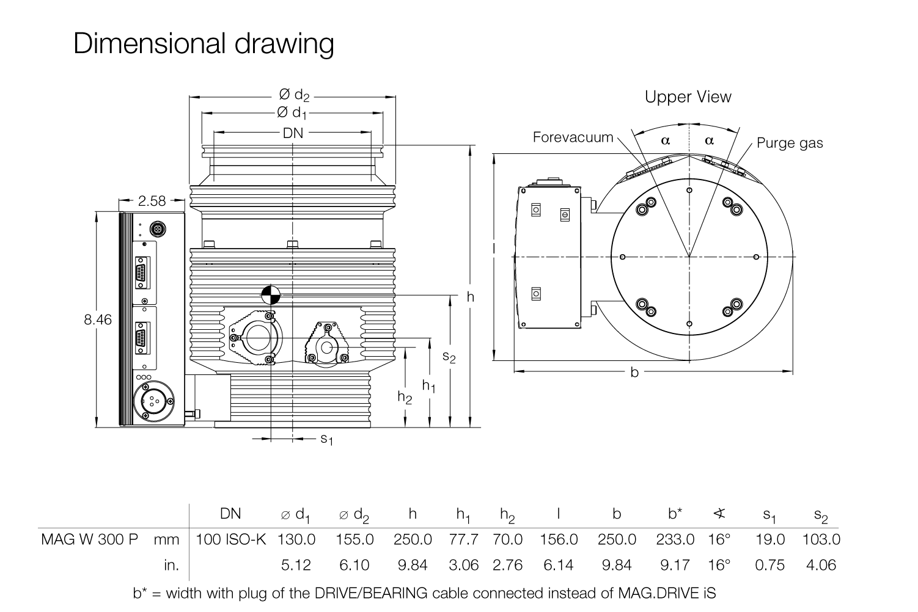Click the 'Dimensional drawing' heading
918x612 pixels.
tap(204, 44)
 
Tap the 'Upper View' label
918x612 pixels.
tap(688, 97)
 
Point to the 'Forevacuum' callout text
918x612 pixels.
tap(573, 137)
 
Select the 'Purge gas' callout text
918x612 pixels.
tap(790, 143)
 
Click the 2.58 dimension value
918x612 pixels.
tap(152, 200)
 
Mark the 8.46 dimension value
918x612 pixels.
tap(98, 319)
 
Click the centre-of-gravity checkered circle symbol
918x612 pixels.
tap(270, 295)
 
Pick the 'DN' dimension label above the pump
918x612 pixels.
tap(293, 133)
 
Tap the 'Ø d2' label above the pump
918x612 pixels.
tap(295, 95)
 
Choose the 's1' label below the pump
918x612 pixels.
tap(327, 439)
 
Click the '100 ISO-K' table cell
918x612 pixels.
tap(231, 540)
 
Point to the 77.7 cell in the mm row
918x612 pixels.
tap(464, 540)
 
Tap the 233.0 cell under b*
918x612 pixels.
tap(675, 540)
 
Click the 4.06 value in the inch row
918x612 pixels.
tap(821, 565)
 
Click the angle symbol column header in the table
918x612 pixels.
tap(719, 514)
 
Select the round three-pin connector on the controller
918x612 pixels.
tap(150, 401)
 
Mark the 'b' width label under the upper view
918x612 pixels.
tap(634, 372)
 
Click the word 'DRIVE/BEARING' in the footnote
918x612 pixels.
tap(380, 593)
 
